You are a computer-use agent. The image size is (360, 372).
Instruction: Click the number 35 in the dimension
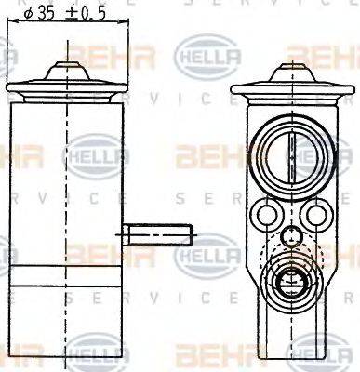pyautogui.click(x=45, y=13)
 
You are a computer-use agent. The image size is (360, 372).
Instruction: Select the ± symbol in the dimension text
pyautogui.click(x=71, y=13)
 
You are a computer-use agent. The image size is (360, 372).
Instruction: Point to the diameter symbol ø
pyautogui.click(x=27, y=13)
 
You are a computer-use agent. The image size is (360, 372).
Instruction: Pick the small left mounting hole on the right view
pyautogui.click(x=269, y=217)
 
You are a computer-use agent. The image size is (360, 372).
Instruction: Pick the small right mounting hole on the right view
pyautogui.click(x=316, y=217)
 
